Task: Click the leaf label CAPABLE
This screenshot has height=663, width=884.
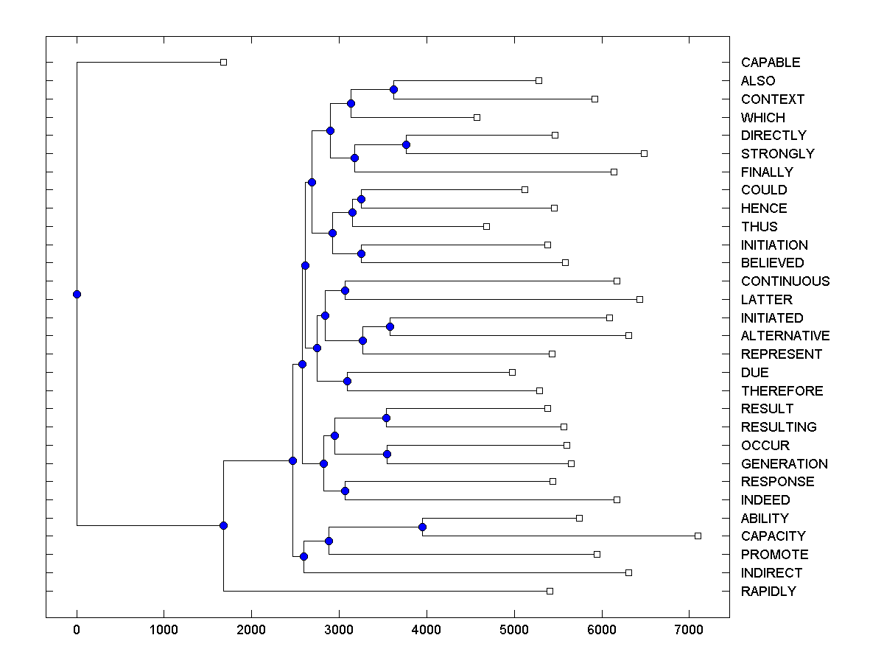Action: click(x=770, y=63)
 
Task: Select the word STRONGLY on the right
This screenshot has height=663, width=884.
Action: click(x=777, y=154)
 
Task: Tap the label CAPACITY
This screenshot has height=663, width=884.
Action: click(x=773, y=536)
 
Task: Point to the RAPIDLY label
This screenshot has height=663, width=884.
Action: click(x=768, y=592)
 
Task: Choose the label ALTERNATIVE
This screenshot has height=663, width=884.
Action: click(x=785, y=336)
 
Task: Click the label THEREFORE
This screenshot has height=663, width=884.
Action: click(x=782, y=391)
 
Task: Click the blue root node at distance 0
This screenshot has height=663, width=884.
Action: click(x=77, y=295)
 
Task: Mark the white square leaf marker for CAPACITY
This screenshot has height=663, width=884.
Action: click(x=698, y=536)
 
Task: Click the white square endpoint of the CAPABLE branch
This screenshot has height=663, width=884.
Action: click(x=223, y=63)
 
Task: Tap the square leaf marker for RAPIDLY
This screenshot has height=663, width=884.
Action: click(x=550, y=591)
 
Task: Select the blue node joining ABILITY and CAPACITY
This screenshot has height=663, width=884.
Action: click(x=422, y=527)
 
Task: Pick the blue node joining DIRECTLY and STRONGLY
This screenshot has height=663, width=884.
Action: click(x=406, y=144)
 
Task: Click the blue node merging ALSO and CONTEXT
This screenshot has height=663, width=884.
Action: click(x=393, y=90)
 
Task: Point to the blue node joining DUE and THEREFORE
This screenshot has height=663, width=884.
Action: click(x=347, y=381)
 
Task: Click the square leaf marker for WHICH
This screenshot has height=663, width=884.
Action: click(x=477, y=117)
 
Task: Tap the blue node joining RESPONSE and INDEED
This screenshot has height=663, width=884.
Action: click(x=345, y=491)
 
